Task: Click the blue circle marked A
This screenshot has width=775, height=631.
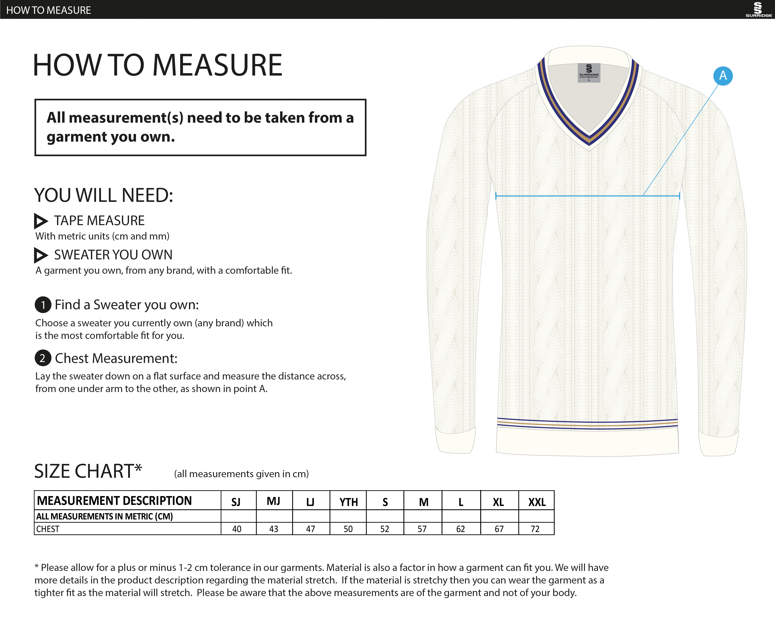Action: click(723, 76)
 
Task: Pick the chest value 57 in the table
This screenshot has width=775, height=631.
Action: click(422, 529)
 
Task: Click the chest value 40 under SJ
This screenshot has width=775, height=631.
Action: click(237, 529)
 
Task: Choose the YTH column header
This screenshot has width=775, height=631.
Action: click(349, 502)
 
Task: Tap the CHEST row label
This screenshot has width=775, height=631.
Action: click(48, 529)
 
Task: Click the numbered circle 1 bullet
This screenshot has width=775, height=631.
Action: click(43, 305)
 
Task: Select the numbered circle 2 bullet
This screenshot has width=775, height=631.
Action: click(43, 358)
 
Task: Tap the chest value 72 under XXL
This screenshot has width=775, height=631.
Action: click(535, 529)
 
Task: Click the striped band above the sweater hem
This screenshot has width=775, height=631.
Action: click(587, 424)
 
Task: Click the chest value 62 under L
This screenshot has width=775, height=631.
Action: click(461, 529)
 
